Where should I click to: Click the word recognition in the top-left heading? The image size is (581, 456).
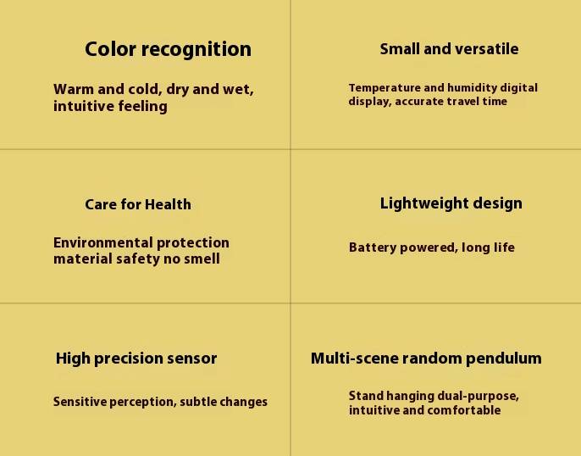(x=196, y=50)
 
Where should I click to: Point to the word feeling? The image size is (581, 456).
(x=142, y=107)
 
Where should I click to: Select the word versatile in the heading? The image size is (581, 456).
(x=487, y=49)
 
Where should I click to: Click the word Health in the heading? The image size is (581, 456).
(x=168, y=204)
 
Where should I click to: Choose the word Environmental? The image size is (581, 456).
(x=103, y=242)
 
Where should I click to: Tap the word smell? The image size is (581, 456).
(x=202, y=259)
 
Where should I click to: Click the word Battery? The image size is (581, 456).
(x=373, y=247)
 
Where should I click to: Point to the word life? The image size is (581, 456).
(x=503, y=247)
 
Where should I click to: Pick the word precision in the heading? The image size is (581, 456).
(x=128, y=359)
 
